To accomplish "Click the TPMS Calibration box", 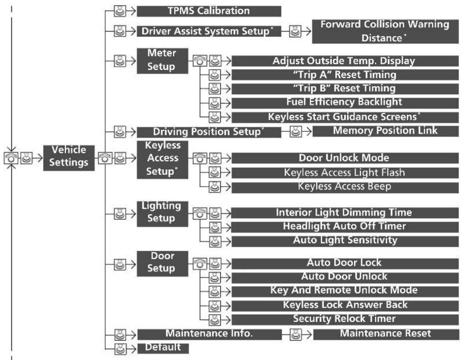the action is tap(209, 11).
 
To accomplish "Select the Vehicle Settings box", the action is tap(69, 158).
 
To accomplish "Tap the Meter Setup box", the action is tap(162, 61).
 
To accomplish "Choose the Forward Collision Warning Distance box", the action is tap(385, 31).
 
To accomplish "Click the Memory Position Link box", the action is tap(385, 131).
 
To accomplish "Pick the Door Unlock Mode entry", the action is tap(345, 158).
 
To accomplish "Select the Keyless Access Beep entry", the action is tap(345, 187).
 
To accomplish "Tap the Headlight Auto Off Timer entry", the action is tap(345, 227).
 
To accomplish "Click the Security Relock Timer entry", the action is tap(345, 319).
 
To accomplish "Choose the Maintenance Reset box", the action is tap(386, 334).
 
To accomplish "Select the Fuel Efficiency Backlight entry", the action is tap(345, 103).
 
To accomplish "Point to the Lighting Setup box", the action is tap(162, 214).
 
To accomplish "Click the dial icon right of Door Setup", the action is tap(200, 264).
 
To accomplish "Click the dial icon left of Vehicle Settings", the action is tap(11, 158).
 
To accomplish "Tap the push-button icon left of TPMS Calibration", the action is tap(120, 11).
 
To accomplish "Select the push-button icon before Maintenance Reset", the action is tap(295, 334).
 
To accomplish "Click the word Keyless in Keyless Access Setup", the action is tap(163, 145).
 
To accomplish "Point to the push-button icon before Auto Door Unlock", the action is tap(215, 277).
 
